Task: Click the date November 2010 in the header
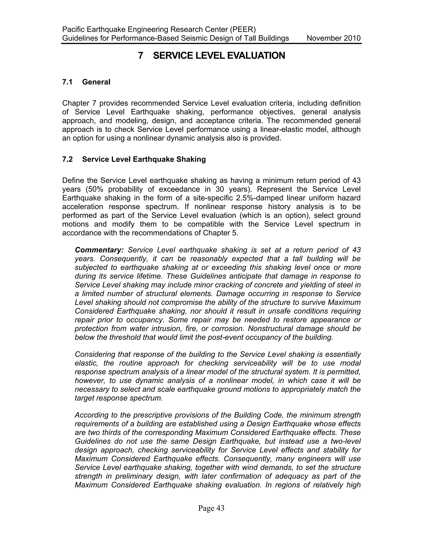click(x=334, y=38)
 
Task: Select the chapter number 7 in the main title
click(x=141, y=56)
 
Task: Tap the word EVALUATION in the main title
click(x=256, y=56)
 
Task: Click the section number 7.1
click(x=67, y=82)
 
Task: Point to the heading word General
click(x=96, y=82)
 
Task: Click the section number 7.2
click(x=67, y=159)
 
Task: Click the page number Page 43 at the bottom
click(x=211, y=508)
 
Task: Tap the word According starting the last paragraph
click(x=91, y=415)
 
